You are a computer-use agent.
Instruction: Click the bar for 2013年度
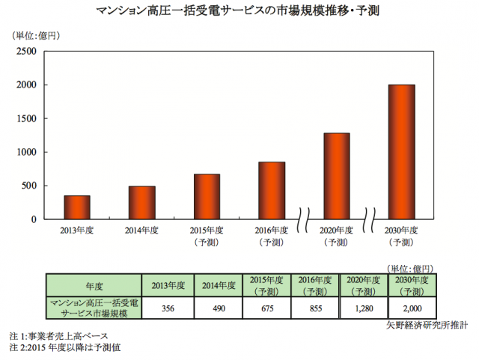coord(76,207)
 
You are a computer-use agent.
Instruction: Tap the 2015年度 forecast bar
coord(207,196)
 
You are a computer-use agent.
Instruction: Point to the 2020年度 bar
coord(336,176)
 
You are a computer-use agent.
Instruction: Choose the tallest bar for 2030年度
coord(401,152)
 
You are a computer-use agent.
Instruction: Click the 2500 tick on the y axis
coord(25,52)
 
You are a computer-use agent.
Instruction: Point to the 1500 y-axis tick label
coord(25,119)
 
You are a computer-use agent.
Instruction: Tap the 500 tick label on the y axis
coord(28,186)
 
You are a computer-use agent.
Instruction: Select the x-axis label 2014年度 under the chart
coord(141,231)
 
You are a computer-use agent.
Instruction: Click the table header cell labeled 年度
coord(94,285)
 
